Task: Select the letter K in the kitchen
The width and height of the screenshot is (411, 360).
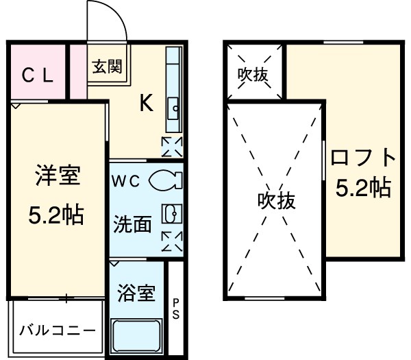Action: click(146, 103)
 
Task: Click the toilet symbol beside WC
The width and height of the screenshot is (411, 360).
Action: click(164, 180)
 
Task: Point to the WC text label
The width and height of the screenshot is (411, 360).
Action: click(127, 181)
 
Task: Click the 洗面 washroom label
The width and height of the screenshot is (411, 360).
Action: click(132, 224)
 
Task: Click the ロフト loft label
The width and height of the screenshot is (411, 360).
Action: click(363, 159)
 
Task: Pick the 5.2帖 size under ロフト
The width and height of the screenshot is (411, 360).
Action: click(363, 187)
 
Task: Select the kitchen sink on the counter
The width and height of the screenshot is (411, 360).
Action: click(173, 106)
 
